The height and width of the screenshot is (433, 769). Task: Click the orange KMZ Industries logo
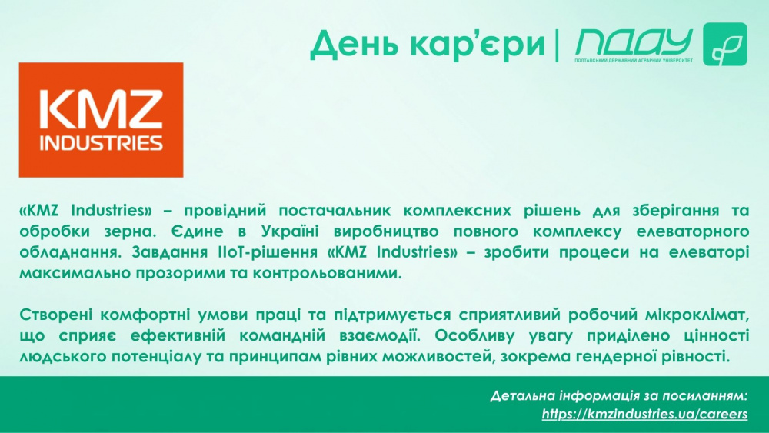(x=101, y=120)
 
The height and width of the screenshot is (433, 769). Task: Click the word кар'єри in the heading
(x=478, y=44)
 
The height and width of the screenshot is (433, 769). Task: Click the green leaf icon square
(x=725, y=44)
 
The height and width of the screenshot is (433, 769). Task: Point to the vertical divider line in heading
(x=557, y=45)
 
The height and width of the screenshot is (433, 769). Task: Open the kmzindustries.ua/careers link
(x=644, y=414)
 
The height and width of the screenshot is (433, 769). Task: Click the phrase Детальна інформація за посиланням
(x=619, y=396)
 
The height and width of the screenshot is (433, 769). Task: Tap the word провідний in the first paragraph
(x=225, y=212)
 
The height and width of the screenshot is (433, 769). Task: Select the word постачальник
(x=335, y=212)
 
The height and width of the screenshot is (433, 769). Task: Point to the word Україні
(x=290, y=231)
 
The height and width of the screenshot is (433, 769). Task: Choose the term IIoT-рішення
(x=266, y=252)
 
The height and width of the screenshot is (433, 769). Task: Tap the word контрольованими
(x=327, y=273)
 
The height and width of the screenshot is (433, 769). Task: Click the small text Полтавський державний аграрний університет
(x=634, y=60)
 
